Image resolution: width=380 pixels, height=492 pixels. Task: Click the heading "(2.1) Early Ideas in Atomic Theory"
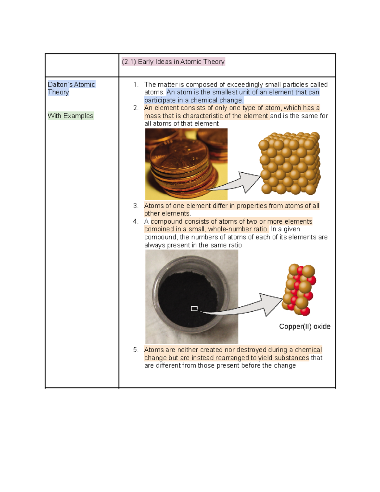173,62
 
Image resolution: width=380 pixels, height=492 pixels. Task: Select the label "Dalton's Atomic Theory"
71,88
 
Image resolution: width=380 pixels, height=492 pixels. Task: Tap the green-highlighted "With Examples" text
70,116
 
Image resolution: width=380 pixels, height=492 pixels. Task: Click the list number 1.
136,85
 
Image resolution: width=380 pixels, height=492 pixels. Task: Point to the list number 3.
136,206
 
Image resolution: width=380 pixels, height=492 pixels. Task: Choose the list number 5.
136,350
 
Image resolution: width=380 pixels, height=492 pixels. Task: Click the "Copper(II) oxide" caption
304,327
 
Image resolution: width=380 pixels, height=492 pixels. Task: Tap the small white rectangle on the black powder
194,308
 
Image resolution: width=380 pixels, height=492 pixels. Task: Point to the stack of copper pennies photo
186,164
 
